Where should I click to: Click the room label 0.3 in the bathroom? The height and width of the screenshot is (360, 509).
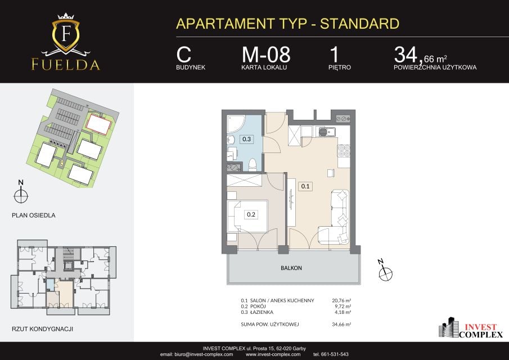(x=247, y=139)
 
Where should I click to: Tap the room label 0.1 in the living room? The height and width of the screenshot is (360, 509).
(x=305, y=186)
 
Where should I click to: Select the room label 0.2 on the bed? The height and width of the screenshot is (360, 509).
(x=251, y=214)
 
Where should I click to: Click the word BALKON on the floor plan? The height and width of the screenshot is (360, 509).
(x=291, y=268)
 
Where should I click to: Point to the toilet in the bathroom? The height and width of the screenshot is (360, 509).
(x=253, y=165)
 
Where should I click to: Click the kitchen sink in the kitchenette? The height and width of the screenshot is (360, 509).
(x=326, y=132)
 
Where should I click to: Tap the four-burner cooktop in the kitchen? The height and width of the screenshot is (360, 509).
(x=344, y=151)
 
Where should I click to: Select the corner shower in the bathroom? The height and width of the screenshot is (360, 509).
(x=235, y=124)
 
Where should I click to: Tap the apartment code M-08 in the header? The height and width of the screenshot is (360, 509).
(x=266, y=55)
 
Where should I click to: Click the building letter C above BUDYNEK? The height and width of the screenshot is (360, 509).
(x=184, y=55)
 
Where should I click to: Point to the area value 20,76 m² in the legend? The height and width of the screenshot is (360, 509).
(x=341, y=300)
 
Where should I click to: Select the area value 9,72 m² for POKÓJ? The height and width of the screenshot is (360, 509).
(x=343, y=307)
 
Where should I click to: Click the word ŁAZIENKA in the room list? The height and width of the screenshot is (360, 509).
(x=262, y=312)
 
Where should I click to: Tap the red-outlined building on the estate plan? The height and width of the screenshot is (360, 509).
(x=99, y=124)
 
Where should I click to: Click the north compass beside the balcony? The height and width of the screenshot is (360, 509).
(x=385, y=271)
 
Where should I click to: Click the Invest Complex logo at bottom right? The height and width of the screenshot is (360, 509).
(x=471, y=328)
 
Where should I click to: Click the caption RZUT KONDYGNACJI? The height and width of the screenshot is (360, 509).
(x=43, y=329)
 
